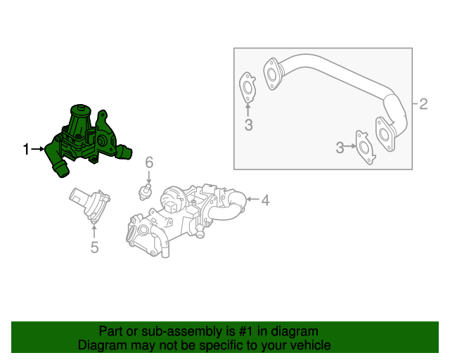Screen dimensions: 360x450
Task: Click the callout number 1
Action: [27, 149]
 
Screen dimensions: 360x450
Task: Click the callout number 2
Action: [423, 105]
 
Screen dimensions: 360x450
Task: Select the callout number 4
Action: [265, 201]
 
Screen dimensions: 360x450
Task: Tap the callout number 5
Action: [94, 246]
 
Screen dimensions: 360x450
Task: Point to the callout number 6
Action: [149, 163]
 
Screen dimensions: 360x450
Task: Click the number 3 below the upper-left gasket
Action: [248, 125]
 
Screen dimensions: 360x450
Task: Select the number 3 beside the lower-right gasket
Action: [340, 147]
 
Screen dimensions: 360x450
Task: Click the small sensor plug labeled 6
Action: [147, 191]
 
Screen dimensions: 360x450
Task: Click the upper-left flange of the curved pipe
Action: [271, 73]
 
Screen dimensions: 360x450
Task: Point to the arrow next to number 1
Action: [39, 149]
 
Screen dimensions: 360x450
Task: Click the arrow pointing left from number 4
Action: [252, 201]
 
